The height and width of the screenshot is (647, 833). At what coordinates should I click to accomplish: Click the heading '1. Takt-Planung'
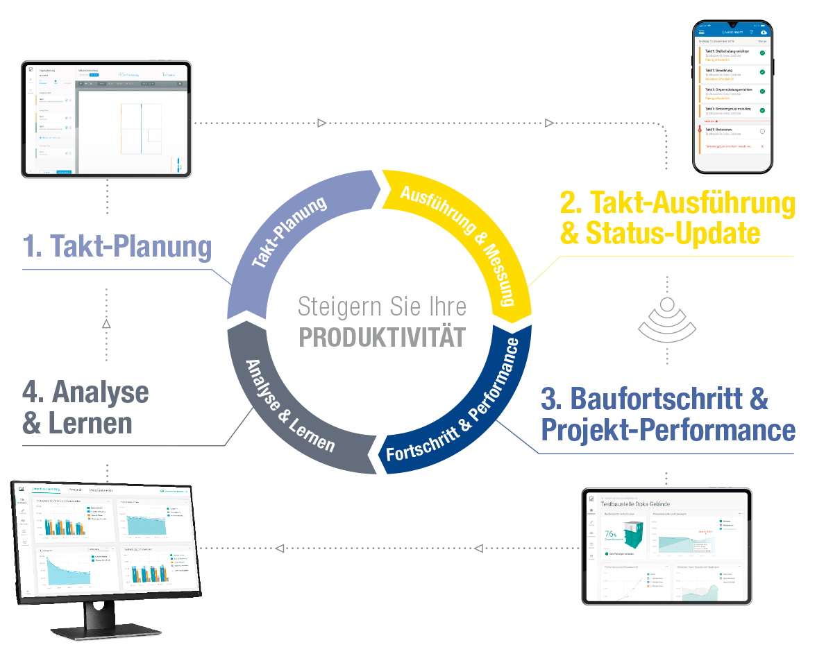click(x=117, y=247)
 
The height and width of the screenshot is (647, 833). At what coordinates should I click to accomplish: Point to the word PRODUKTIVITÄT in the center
click(x=382, y=338)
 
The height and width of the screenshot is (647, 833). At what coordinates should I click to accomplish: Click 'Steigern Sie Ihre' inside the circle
click(x=382, y=307)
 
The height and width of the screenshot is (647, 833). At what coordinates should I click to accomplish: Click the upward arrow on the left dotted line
click(x=106, y=323)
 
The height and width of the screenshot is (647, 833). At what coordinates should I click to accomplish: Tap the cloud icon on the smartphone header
click(x=764, y=32)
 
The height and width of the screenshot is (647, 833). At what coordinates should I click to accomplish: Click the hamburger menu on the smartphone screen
click(x=702, y=32)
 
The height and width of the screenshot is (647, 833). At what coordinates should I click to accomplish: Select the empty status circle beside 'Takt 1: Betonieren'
click(x=762, y=130)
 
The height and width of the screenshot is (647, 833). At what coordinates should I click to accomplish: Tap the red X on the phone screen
click(x=762, y=147)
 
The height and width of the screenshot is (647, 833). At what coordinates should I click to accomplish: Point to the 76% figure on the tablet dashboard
click(x=611, y=535)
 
